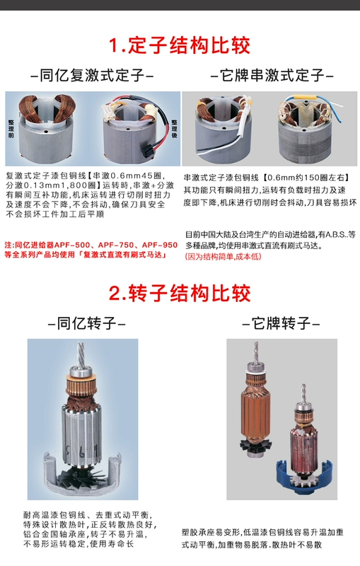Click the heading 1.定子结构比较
click(179, 45)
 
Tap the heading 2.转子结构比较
click(179, 293)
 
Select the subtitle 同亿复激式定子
click(93, 76)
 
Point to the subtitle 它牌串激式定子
click(272, 76)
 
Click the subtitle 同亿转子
click(86, 323)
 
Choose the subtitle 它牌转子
click(281, 323)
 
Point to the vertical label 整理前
click(11, 129)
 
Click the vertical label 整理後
click(175, 129)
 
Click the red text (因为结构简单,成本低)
click(223, 257)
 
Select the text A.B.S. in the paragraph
click(336, 235)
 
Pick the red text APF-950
click(159, 245)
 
